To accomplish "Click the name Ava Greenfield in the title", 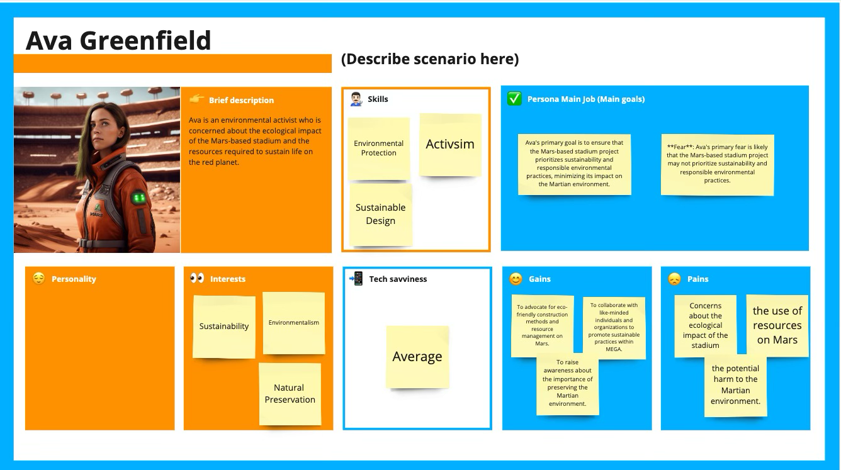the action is (x=118, y=40).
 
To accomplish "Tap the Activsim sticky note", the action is (x=450, y=145).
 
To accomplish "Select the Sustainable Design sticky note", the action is (x=381, y=215).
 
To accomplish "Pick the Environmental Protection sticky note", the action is (x=379, y=148).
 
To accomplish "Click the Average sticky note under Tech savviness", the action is (x=417, y=357).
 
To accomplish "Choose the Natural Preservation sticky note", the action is (x=290, y=394).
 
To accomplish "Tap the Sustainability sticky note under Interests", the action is (x=224, y=327).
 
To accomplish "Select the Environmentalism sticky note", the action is (x=293, y=323).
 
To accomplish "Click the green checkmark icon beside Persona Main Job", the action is (x=514, y=99).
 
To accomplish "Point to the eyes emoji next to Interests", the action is (x=197, y=278).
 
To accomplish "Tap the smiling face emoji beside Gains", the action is (x=516, y=279).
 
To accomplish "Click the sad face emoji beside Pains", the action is (x=674, y=279).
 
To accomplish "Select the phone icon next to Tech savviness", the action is (x=356, y=279).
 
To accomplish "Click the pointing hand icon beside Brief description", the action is (x=197, y=99).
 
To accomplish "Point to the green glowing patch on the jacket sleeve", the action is (x=138, y=198).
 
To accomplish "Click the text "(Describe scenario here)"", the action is (x=430, y=59).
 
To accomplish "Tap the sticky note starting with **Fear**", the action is (x=718, y=164).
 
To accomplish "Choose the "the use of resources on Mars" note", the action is (x=777, y=325).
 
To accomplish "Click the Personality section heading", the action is (x=74, y=279).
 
